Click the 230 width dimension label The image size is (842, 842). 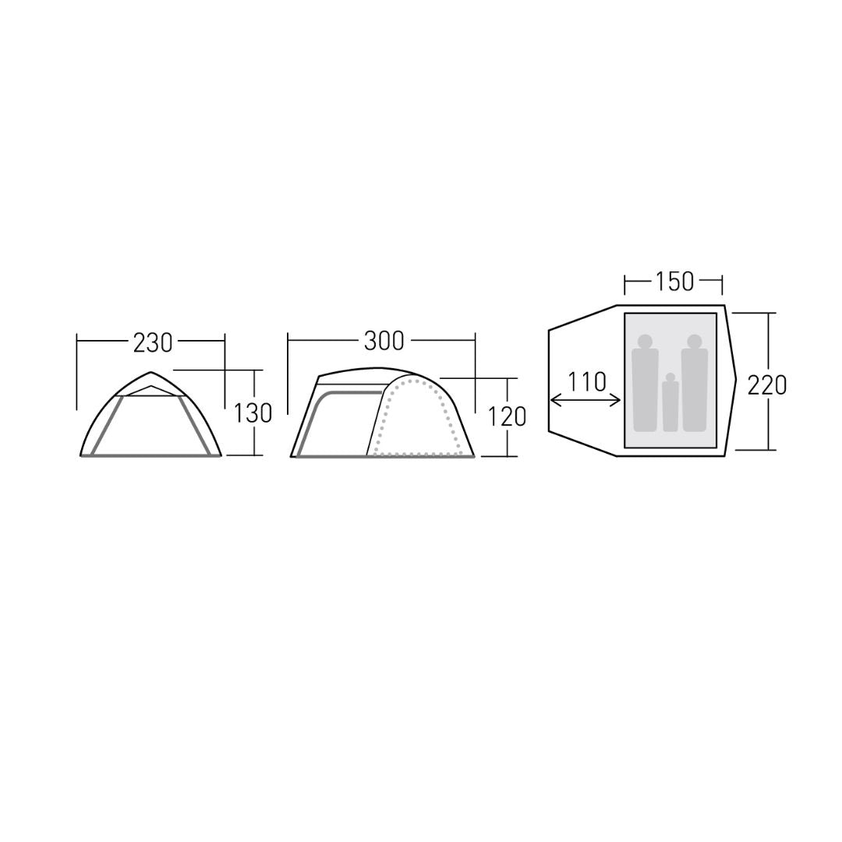point(153,343)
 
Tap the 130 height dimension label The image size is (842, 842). point(253,413)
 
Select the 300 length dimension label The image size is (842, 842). point(384,341)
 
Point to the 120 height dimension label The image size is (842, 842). point(507,416)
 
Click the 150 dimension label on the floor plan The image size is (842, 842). point(674,281)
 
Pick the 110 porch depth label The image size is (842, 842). point(586,382)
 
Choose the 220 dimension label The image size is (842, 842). point(767,384)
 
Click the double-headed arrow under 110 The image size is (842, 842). point(586,400)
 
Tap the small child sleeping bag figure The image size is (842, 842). point(670,402)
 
